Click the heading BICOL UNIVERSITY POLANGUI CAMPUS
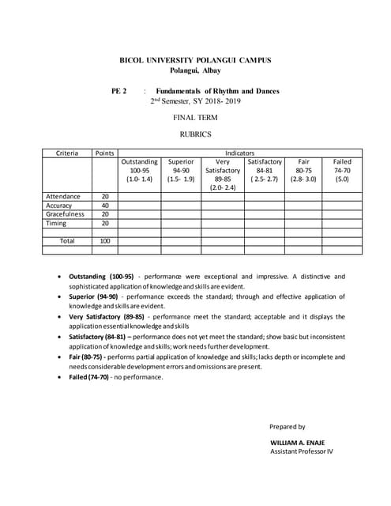(195, 60)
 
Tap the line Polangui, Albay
(195, 71)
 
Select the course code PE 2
(120, 92)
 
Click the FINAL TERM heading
(195, 117)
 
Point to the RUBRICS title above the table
(195, 134)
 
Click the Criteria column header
(66, 153)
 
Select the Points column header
(104, 153)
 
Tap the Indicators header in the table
(239, 153)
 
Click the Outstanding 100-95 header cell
(139, 171)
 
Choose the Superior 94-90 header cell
(181, 171)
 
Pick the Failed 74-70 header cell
(342, 171)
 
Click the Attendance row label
(63, 196)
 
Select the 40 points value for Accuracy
(104, 205)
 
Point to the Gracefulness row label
(65, 213)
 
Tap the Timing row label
(57, 223)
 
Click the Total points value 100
(104, 240)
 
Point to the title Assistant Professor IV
(302, 451)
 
